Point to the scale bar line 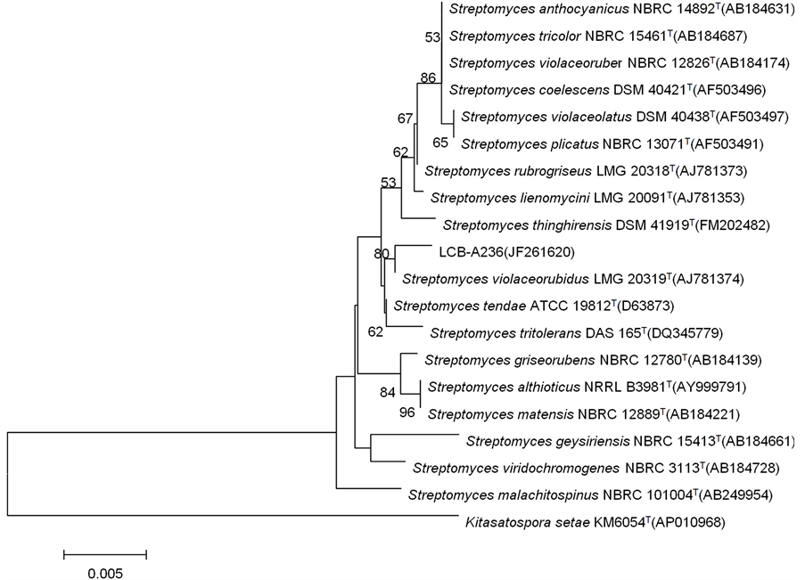pyautogui.click(x=104, y=554)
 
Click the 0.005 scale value pyautogui.click(x=104, y=573)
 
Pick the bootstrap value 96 pyautogui.click(x=407, y=413)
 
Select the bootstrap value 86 pyautogui.click(x=428, y=78)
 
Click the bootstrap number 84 pyautogui.click(x=387, y=392)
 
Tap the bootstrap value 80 pyautogui.click(x=382, y=254)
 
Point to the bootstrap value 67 pyautogui.click(x=406, y=118)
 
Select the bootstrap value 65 pyautogui.click(x=439, y=143)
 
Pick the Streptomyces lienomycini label pyautogui.click(x=489, y=198)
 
